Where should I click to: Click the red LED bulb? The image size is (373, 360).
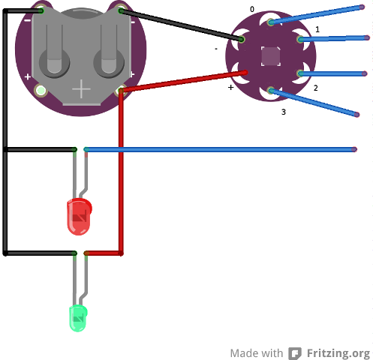click(79, 217)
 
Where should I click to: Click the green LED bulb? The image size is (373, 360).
click(78, 318)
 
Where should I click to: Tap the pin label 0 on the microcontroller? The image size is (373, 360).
click(252, 9)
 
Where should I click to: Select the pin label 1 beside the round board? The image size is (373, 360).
click(317, 29)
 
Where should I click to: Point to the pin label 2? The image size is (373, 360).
click(316, 88)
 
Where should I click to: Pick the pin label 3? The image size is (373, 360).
click(284, 112)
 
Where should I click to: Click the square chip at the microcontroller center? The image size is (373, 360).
click(271, 56)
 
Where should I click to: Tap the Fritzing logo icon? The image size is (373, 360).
click(295, 353)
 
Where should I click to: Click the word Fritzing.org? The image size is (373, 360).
click(338, 353)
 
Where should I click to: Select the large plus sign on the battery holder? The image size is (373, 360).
click(81, 88)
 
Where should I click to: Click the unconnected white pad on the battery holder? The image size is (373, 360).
click(41, 91)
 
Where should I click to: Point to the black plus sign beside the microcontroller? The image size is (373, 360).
click(231, 87)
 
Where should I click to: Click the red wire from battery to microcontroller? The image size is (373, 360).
click(184, 81)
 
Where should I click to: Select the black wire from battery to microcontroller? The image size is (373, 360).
click(182, 25)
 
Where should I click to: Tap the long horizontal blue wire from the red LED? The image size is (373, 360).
click(220, 149)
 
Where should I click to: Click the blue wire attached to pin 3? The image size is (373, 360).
click(314, 103)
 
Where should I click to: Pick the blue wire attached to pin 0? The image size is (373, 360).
click(316, 15)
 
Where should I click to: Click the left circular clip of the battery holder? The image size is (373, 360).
click(54, 62)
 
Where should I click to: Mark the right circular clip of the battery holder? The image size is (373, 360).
click(109, 62)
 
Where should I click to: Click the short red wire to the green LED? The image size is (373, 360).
click(104, 253)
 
